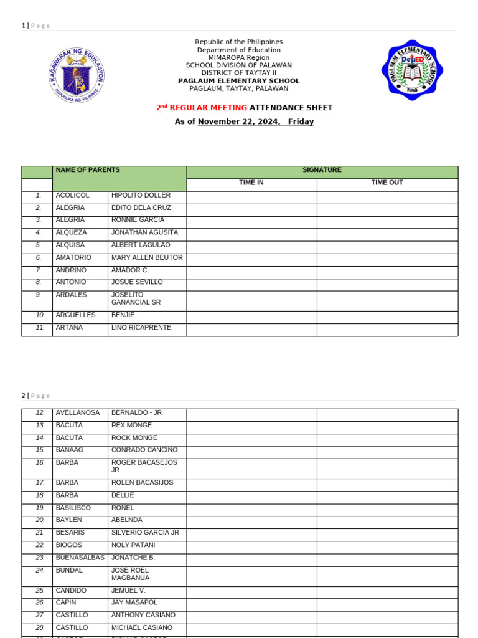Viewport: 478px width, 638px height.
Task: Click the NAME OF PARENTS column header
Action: (88, 170)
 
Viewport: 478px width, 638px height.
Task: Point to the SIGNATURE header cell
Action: (322, 170)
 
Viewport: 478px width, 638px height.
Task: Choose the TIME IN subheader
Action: (251, 183)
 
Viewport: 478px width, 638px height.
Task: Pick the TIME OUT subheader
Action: (387, 183)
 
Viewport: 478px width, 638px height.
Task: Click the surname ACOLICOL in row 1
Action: (72, 195)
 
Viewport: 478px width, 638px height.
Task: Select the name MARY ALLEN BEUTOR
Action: (147, 257)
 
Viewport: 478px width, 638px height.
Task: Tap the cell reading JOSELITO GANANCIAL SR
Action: (136, 298)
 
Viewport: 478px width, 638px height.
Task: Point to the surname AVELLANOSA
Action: (77, 412)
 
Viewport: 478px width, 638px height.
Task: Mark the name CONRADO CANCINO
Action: (144, 450)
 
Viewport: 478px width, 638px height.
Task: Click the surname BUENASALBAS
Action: (80, 558)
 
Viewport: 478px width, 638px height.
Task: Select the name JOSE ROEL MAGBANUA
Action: (130, 574)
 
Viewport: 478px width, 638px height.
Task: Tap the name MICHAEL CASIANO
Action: (142, 627)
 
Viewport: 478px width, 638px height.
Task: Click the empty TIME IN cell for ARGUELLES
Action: (251, 315)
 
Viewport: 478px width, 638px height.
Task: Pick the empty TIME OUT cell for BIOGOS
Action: (387, 545)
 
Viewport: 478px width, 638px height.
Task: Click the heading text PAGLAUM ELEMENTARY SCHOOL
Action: (238, 81)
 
